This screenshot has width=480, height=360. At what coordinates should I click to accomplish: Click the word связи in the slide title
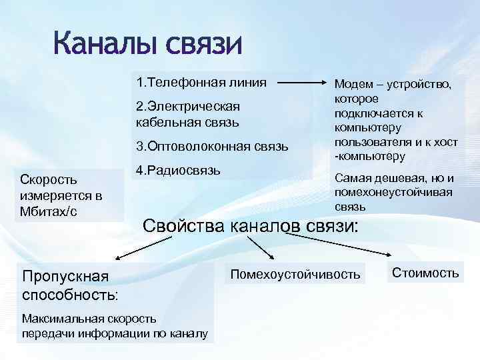[203, 45]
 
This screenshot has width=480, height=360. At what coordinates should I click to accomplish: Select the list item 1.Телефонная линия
[201, 83]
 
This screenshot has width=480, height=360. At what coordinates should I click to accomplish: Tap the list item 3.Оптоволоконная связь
[211, 146]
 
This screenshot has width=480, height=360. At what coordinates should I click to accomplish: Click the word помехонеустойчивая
[393, 192]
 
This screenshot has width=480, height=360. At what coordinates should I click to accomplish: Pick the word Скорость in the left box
[48, 179]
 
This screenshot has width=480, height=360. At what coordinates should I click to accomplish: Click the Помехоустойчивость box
[295, 273]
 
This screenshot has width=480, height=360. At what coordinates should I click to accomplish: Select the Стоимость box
[425, 272]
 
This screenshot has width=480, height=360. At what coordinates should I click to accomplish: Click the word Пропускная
[63, 275]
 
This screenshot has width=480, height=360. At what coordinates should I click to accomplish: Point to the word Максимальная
[61, 319]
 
